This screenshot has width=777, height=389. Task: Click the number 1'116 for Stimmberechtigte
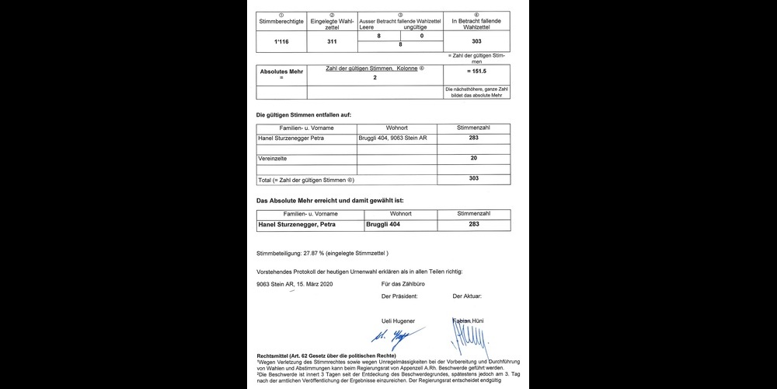tap(282, 40)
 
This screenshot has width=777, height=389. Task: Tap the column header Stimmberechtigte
tap(282, 21)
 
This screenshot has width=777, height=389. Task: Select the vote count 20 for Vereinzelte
tap(474, 159)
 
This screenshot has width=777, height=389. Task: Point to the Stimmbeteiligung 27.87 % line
tap(322, 254)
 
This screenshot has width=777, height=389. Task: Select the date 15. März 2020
tap(313, 285)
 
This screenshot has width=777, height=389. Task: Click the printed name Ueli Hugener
tap(398, 321)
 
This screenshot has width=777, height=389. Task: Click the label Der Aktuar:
tap(467, 296)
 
